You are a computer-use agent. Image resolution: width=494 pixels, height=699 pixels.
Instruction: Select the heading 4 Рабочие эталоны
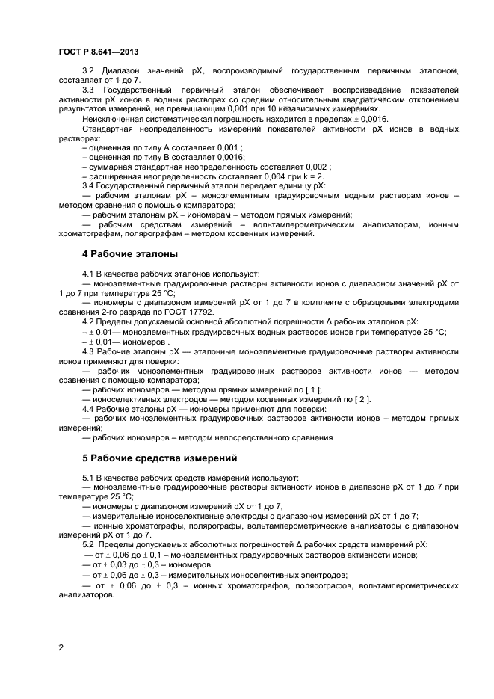(x=129, y=254)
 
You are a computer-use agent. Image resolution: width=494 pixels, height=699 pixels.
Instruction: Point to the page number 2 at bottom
(x=61, y=647)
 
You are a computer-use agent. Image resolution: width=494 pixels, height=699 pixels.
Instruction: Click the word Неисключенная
(x=116, y=119)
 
